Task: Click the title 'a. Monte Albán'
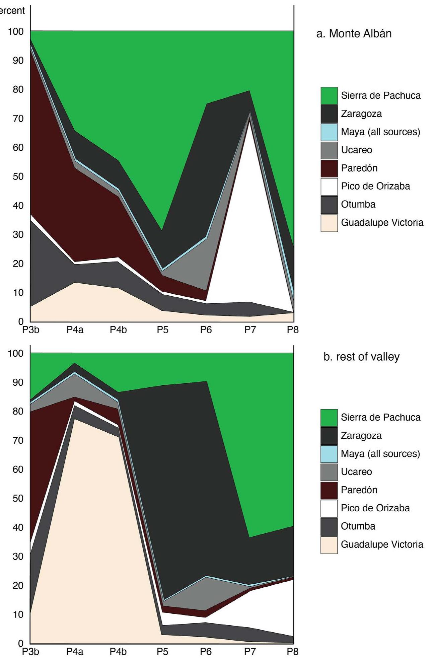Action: (354, 33)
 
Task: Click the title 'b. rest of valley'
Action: (361, 357)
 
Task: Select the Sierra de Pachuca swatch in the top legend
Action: (329, 96)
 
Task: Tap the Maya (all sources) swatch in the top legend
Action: (329, 132)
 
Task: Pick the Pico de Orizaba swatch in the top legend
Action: (329, 187)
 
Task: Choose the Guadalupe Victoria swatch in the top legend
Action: (329, 223)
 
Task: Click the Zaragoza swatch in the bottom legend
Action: (329, 436)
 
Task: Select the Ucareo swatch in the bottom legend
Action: (329, 472)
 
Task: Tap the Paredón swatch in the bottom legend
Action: (329, 490)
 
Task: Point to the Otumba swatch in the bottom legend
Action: (329, 526)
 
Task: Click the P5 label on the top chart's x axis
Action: (162, 330)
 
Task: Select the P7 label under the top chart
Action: (250, 330)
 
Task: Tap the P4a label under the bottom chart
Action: (75, 652)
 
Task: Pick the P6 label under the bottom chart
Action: (206, 652)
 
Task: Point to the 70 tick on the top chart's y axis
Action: (18, 119)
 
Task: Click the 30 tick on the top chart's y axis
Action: (18, 234)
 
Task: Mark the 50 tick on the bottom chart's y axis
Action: (18, 498)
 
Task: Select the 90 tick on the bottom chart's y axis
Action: (18, 382)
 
